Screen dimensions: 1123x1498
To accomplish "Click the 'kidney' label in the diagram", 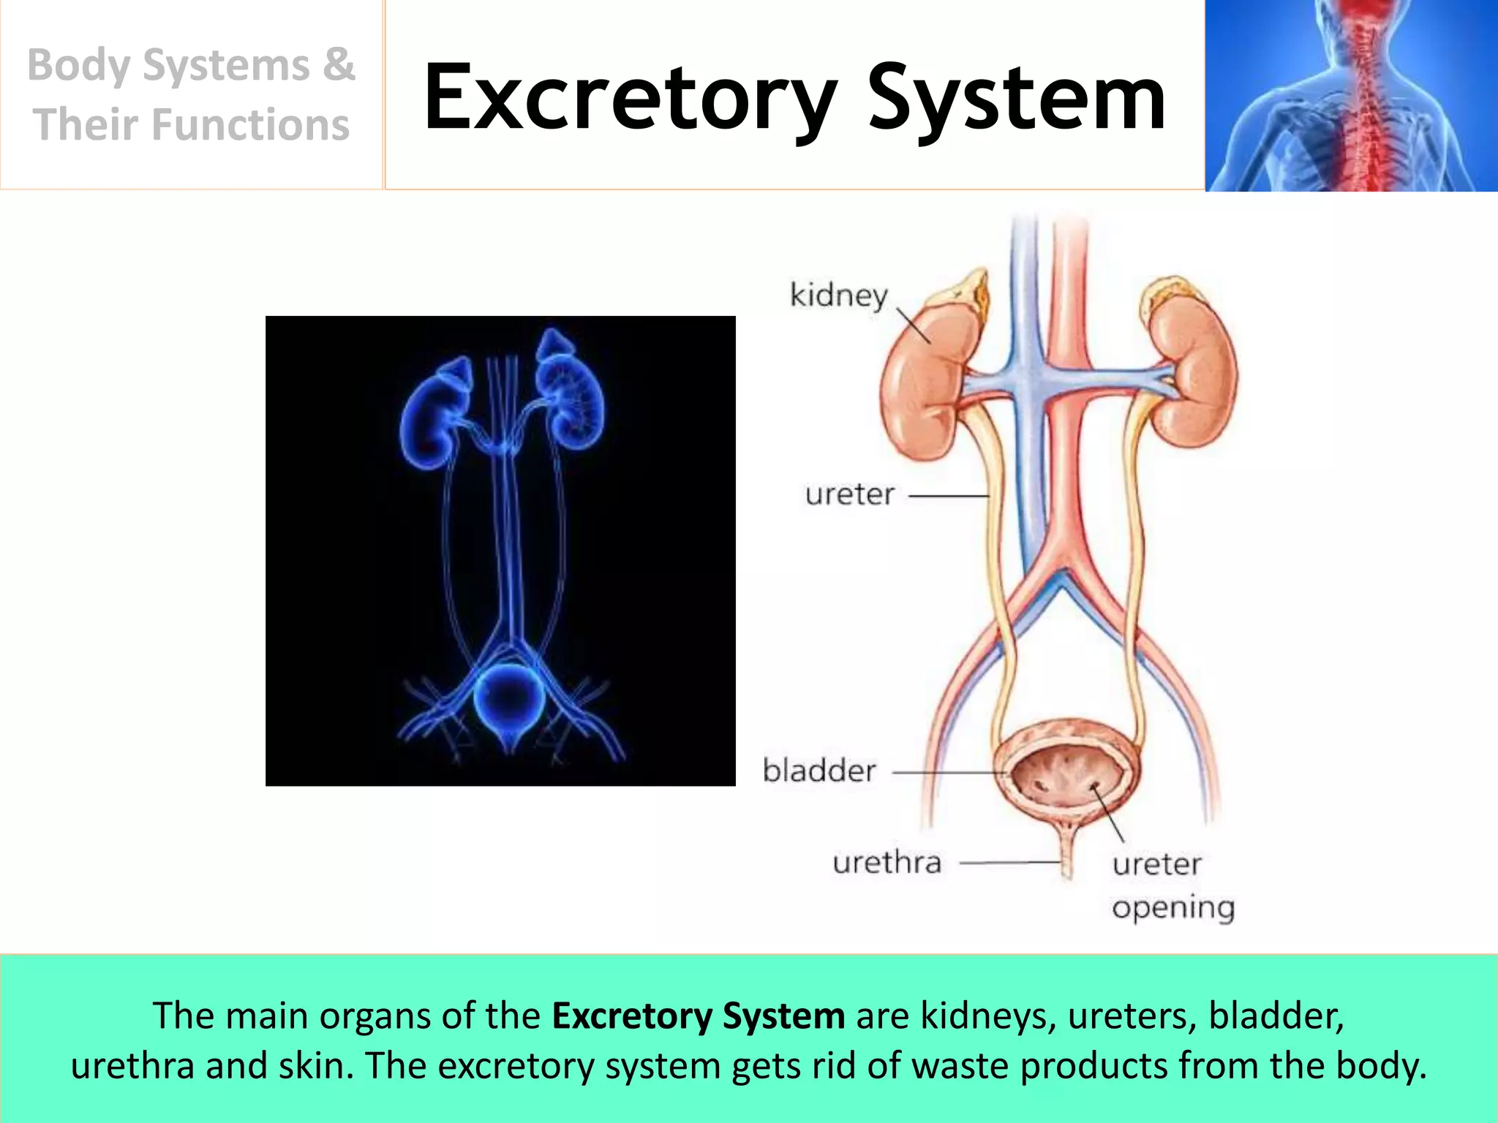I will (x=838, y=296).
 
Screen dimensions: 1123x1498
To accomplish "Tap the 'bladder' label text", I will (x=819, y=771).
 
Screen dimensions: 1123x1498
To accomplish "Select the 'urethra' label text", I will (x=887, y=863).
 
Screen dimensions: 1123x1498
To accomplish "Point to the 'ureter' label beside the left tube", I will (x=849, y=495).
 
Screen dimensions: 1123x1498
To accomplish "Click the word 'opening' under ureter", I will (x=1173, y=907).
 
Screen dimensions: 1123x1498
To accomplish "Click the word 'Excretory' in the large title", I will (x=630, y=99).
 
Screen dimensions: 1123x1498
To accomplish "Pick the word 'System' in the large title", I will (x=1016, y=99).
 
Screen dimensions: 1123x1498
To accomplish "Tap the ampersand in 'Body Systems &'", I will (x=339, y=64).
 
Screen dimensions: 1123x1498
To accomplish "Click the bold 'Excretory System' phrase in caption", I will (x=698, y=1016).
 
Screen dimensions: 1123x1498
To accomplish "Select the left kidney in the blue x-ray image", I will (x=432, y=417).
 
